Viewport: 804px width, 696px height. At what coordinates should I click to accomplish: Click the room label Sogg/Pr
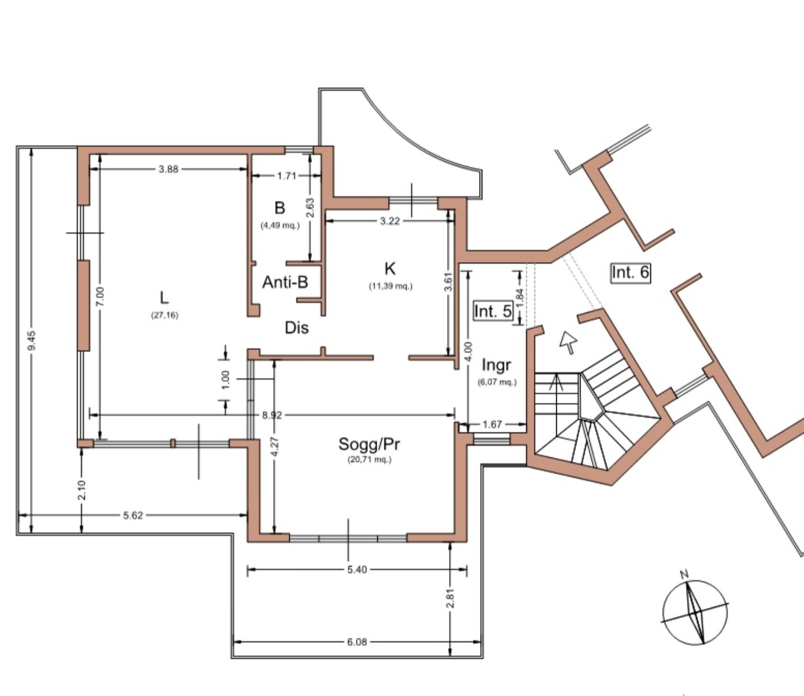pyautogui.click(x=368, y=444)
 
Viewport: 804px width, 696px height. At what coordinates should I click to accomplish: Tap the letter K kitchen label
pyautogui.click(x=390, y=268)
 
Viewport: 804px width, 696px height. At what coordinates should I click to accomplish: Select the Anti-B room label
pyautogui.click(x=285, y=282)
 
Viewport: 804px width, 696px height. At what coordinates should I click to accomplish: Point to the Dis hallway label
pyautogui.click(x=297, y=328)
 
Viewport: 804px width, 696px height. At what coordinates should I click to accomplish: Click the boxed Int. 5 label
pyautogui.click(x=493, y=311)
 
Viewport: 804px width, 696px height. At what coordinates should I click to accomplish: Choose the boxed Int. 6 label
pyautogui.click(x=631, y=272)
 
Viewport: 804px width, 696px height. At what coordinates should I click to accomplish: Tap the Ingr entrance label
pyautogui.click(x=496, y=365)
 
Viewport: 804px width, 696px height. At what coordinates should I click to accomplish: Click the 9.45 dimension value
pyautogui.click(x=32, y=340)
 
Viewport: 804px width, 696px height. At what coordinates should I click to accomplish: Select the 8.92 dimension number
pyautogui.click(x=272, y=416)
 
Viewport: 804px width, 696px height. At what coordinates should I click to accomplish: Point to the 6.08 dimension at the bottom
pyautogui.click(x=357, y=642)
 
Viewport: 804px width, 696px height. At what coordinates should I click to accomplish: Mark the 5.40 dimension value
pyautogui.click(x=357, y=570)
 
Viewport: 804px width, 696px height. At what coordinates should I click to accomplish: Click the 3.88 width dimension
pyautogui.click(x=169, y=169)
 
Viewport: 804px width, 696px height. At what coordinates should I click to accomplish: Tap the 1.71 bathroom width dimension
pyautogui.click(x=286, y=176)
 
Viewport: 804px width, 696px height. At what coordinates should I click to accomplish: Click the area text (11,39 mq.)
pyautogui.click(x=390, y=286)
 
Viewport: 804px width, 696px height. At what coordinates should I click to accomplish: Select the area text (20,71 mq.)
pyautogui.click(x=370, y=460)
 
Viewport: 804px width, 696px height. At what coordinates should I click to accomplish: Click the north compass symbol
pyautogui.click(x=695, y=613)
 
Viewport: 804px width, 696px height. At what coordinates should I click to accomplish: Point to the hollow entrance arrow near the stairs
pyautogui.click(x=568, y=342)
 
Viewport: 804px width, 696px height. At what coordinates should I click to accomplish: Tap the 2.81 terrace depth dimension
pyautogui.click(x=451, y=598)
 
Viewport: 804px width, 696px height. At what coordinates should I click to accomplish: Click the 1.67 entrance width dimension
pyautogui.click(x=492, y=424)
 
